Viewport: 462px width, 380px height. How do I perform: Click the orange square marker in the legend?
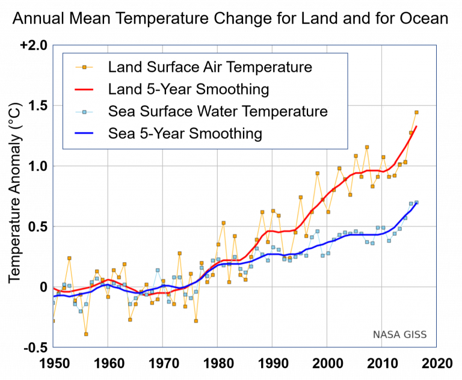(85, 67)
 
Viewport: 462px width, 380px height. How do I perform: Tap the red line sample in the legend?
(85, 90)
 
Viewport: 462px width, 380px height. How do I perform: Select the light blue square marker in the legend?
(85, 112)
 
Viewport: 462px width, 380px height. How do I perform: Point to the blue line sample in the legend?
(85, 133)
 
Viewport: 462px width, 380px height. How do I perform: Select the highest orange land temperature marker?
(416, 112)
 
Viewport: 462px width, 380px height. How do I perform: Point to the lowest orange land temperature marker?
(86, 334)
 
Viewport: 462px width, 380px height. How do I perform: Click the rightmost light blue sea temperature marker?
(416, 203)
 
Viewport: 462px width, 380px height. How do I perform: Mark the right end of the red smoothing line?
(416, 126)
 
